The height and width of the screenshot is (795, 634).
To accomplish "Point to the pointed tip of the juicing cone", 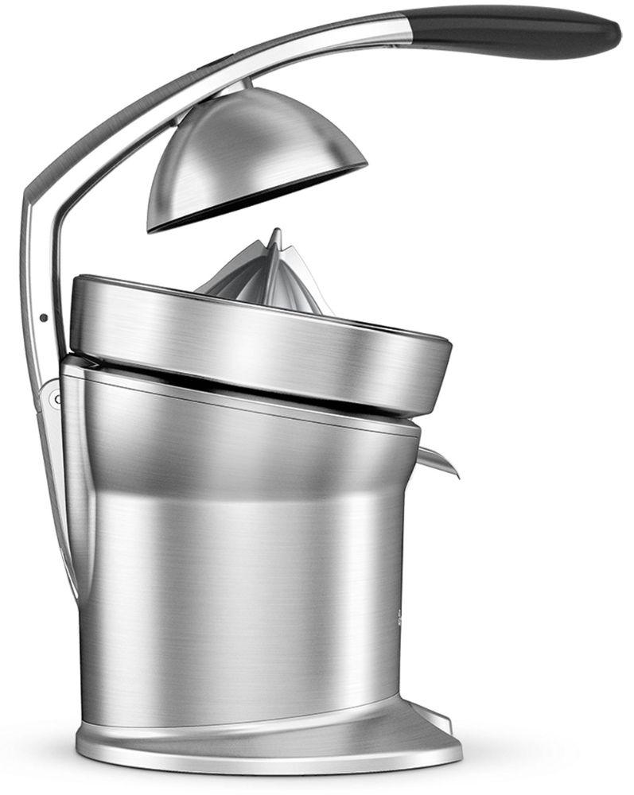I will tap(275, 232).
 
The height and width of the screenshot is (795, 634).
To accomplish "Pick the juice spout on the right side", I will tap(438, 460).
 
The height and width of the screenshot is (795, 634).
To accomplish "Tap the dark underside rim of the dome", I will tap(255, 199).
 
